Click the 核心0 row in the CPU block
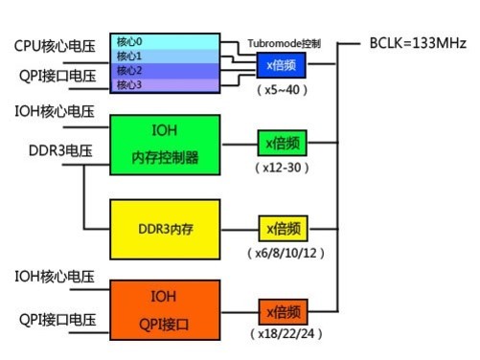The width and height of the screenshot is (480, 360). [x=166, y=41]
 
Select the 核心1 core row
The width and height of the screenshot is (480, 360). [x=166, y=56]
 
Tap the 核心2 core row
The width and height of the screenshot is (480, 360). [x=166, y=71]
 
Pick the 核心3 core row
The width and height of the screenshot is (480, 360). [x=166, y=85]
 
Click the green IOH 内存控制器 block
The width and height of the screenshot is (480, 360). [x=166, y=145]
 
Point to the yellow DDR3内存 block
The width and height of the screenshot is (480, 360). [x=166, y=231]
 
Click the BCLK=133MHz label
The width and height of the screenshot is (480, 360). [x=418, y=44]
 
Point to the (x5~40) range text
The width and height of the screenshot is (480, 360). [x=286, y=89]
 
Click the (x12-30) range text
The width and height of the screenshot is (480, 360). [x=286, y=168]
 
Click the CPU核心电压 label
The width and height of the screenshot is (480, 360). [x=55, y=44]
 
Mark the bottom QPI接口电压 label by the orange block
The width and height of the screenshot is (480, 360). [x=55, y=320]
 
